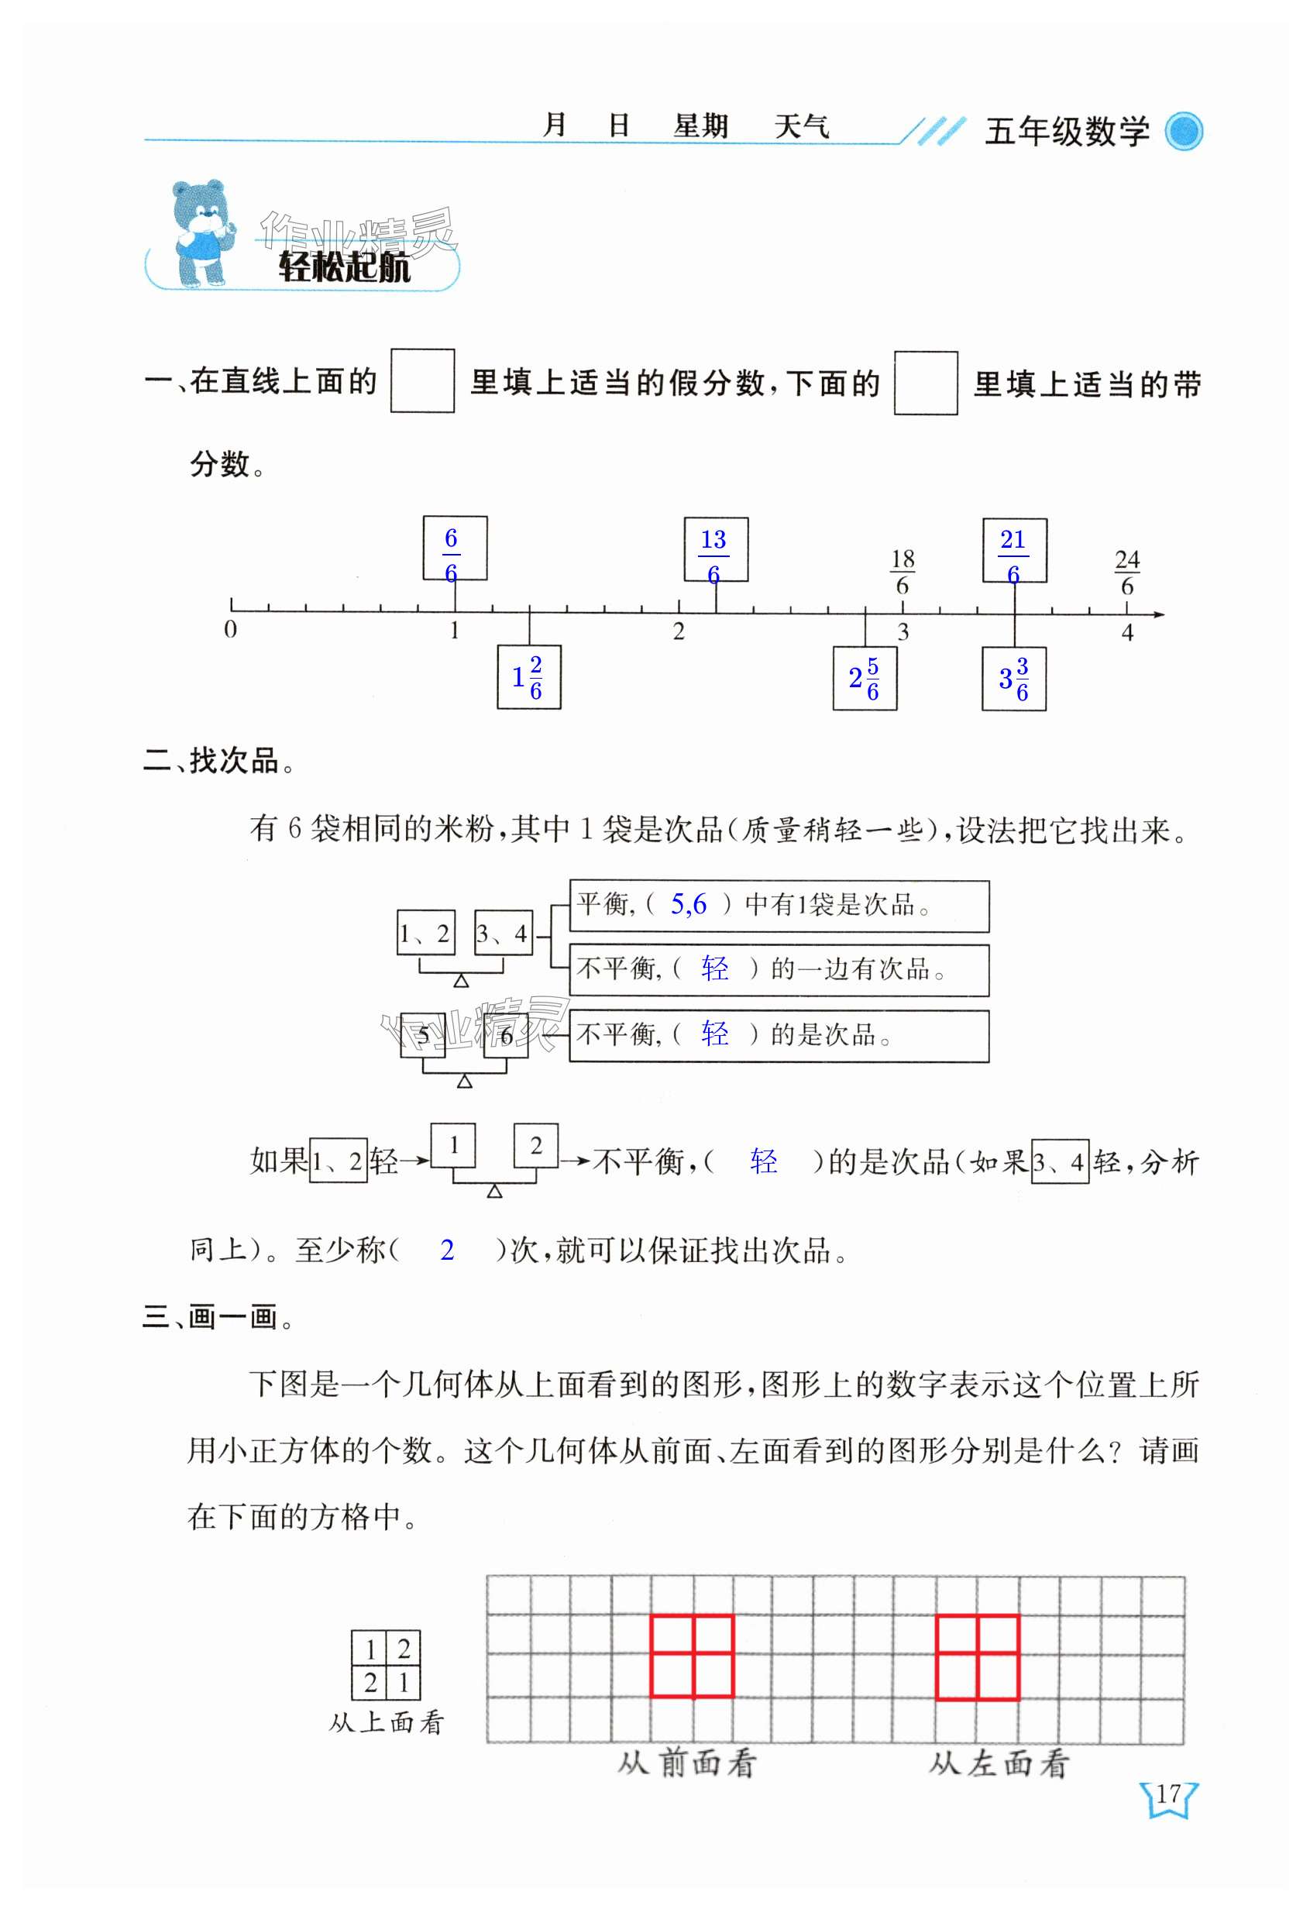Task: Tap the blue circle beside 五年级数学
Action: (x=1184, y=132)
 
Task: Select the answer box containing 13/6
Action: (x=715, y=549)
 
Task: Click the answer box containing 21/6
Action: (x=1014, y=550)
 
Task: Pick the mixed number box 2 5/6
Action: (x=864, y=678)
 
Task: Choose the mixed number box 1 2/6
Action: (x=529, y=677)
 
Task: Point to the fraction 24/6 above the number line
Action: (x=1127, y=573)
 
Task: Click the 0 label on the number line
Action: (x=231, y=630)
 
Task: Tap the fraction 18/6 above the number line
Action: (x=903, y=573)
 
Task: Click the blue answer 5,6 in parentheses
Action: (x=688, y=904)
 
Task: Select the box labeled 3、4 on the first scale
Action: (x=503, y=933)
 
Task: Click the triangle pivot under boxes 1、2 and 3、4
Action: (x=462, y=981)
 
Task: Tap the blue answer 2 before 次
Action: (x=447, y=1250)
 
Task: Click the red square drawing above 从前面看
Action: (x=692, y=1657)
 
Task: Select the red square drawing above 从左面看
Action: (x=977, y=1658)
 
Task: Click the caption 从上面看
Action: (x=386, y=1722)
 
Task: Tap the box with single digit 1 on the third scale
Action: (x=453, y=1145)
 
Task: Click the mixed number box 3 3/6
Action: (x=1013, y=679)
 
